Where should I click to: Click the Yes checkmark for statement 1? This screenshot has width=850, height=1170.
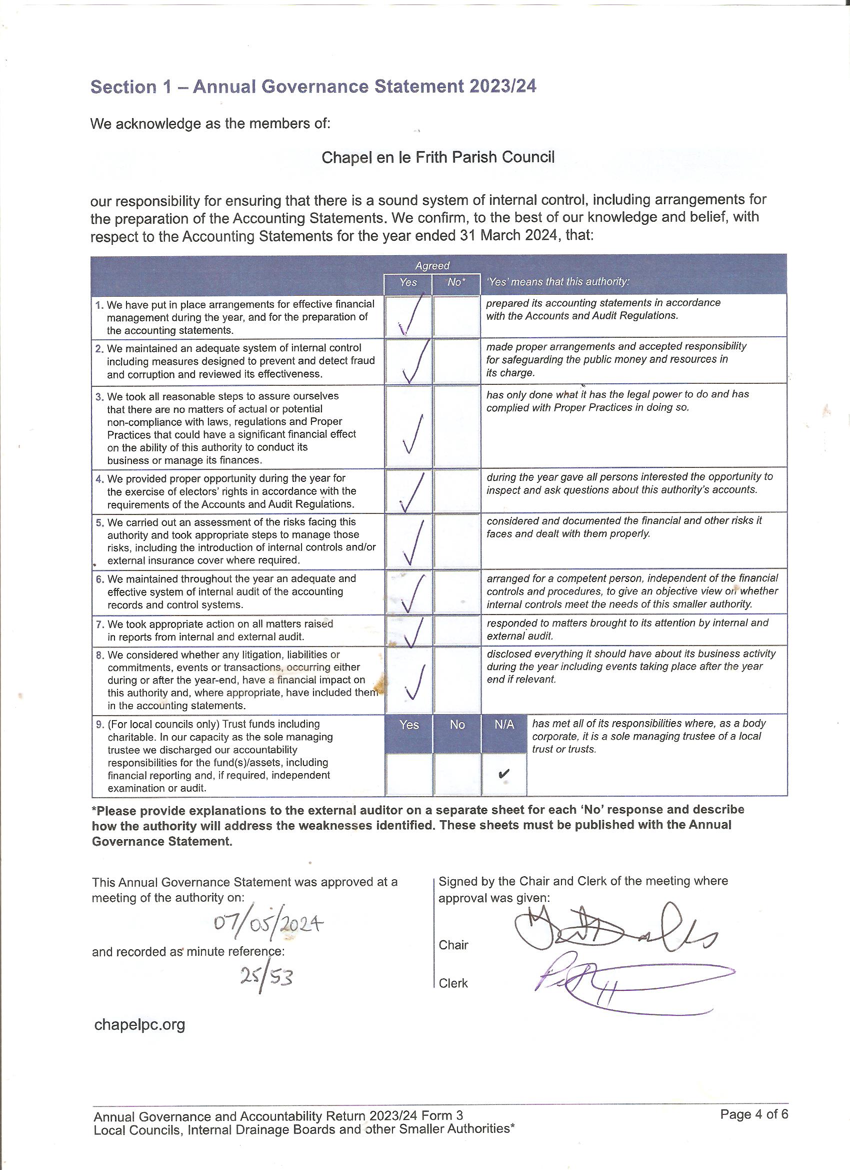pos(412,315)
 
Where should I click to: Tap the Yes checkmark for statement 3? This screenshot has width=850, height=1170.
pos(413,434)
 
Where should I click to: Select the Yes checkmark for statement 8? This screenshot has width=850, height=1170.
pos(415,682)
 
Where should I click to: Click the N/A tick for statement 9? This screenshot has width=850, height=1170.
pos(504,774)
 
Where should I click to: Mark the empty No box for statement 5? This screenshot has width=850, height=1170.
pos(456,541)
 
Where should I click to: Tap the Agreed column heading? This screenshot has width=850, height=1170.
pos(432,266)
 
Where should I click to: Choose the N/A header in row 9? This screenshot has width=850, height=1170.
pos(504,725)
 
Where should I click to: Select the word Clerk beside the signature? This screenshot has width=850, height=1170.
pos(453,983)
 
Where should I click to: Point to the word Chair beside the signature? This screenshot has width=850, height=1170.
pos(453,945)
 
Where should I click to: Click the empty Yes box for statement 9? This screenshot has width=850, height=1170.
pos(409,774)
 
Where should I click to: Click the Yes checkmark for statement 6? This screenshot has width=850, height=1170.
pos(413,593)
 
